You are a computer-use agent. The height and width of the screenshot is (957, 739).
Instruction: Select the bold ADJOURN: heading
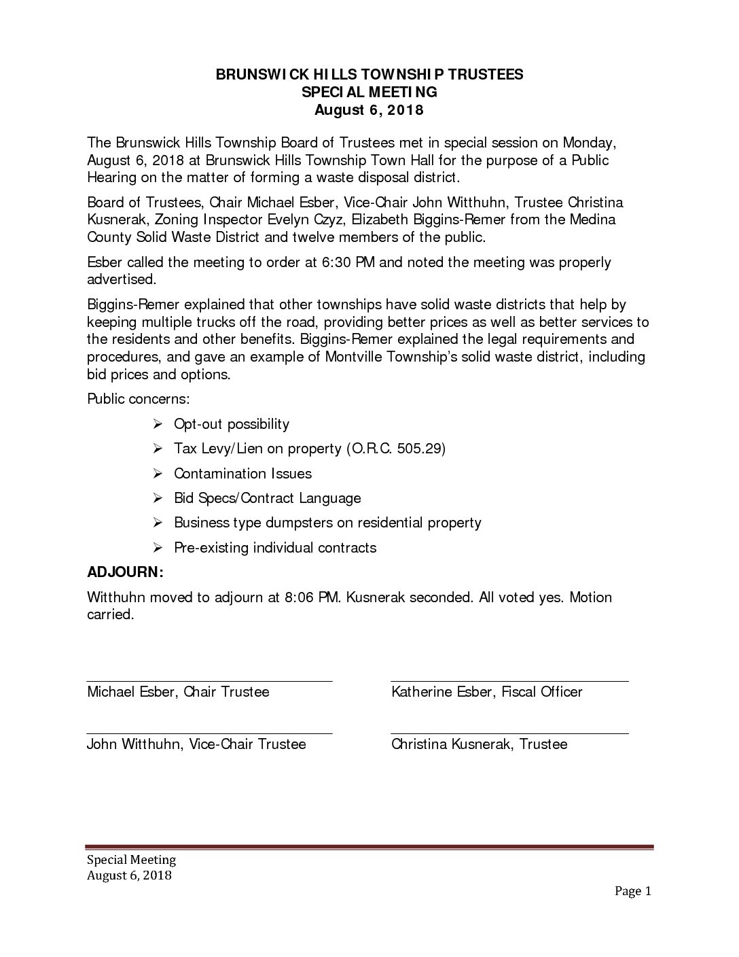[x=126, y=572]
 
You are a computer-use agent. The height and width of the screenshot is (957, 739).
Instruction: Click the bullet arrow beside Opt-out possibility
[x=157, y=424]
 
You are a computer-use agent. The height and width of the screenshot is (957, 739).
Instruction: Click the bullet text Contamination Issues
[x=242, y=473]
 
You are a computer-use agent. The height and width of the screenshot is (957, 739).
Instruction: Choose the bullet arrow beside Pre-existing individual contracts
[x=157, y=548]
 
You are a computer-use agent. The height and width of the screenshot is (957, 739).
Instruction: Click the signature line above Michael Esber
[x=209, y=680]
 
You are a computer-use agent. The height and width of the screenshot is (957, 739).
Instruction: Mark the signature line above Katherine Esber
[x=509, y=680]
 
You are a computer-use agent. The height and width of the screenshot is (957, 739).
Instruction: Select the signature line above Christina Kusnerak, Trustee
[x=509, y=733]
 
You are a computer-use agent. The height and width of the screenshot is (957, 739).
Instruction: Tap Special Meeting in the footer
[x=131, y=859]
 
